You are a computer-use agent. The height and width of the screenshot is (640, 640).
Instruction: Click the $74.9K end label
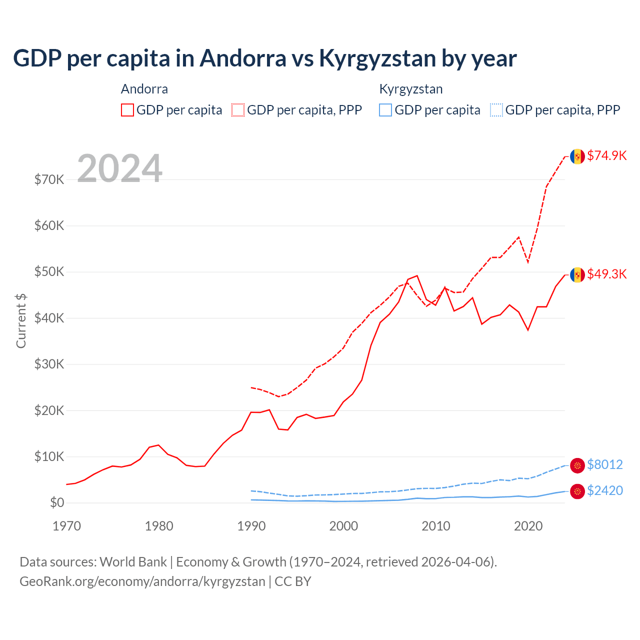pyautogui.click(x=606, y=155)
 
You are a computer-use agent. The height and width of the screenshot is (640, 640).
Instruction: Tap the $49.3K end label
pyautogui.click(x=606, y=274)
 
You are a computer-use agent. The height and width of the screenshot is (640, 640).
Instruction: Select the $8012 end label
pyautogui.click(x=604, y=464)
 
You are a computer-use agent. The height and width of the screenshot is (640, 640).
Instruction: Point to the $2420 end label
pyautogui.click(x=604, y=490)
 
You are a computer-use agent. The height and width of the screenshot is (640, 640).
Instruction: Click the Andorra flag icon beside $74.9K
pyautogui.click(x=577, y=156)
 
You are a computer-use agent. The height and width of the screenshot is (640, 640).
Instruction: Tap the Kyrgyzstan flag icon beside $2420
pyautogui.click(x=577, y=491)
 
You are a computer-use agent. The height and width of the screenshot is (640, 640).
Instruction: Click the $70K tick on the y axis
pyautogui.click(x=49, y=179)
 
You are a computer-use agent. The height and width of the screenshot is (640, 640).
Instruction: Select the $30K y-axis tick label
pyautogui.click(x=49, y=364)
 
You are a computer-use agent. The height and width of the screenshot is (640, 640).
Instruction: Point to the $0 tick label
pyautogui.click(x=57, y=502)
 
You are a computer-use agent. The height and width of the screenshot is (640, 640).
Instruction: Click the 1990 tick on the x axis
pyautogui.click(x=251, y=526)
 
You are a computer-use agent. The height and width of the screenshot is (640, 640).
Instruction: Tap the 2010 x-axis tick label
pyautogui.click(x=436, y=526)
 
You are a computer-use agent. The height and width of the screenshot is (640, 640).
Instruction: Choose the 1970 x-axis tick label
pyautogui.click(x=66, y=526)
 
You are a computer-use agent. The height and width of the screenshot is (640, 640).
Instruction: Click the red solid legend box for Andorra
pyautogui.click(x=127, y=110)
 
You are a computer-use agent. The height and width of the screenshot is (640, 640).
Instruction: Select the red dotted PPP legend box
pyautogui.click(x=238, y=110)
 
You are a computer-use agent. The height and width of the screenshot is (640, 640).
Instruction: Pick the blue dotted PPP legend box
pyautogui.click(x=496, y=110)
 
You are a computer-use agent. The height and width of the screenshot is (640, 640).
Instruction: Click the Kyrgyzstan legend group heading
pyautogui.click(x=411, y=89)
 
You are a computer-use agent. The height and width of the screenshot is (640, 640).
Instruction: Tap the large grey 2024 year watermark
pyautogui.click(x=119, y=168)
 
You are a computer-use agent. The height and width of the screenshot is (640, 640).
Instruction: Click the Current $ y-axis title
pyautogui.click(x=21, y=320)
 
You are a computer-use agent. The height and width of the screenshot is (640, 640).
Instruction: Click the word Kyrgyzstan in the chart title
pyautogui.click(x=377, y=58)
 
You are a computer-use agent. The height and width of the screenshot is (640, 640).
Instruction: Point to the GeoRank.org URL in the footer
pyautogui.click(x=142, y=581)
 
